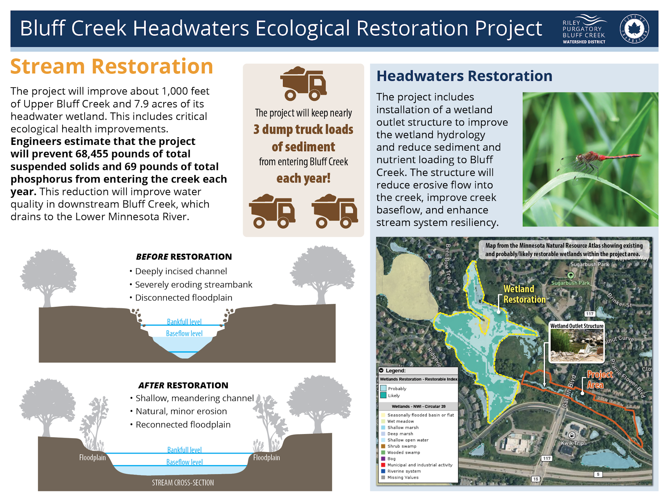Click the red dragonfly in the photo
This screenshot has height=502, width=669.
click(599, 159)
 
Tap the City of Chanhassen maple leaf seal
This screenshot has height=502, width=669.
click(634, 29)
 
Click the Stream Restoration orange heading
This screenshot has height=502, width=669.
click(112, 66)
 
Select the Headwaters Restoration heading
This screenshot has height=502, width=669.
click(464, 76)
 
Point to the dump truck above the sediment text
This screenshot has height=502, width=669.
click(303, 84)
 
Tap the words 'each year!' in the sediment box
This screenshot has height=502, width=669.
click(303, 178)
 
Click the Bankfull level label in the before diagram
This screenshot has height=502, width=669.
click(184, 322)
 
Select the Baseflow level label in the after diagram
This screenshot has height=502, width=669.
click(185, 462)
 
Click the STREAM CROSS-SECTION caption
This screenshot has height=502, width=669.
click(183, 483)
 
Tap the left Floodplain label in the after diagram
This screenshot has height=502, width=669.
click(92, 457)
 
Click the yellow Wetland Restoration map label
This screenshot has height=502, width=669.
click(524, 294)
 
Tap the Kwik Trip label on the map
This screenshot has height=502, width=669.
click(572, 443)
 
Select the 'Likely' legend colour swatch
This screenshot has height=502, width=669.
click(383, 395)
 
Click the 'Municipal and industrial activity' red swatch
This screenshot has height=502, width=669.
click(383, 465)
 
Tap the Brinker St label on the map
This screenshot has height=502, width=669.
click(619, 300)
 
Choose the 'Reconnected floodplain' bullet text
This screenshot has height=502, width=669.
click(183, 424)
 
